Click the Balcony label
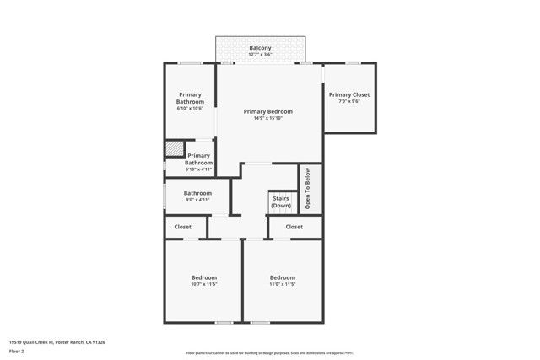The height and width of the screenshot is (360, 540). pyautogui.click(x=260, y=49)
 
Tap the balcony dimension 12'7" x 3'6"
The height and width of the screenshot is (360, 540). pyautogui.click(x=260, y=56)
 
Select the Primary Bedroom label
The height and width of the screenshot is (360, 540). pyautogui.click(x=267, y=111)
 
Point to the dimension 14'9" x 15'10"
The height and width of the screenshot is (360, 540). pyautogui.click(x=267, y=118)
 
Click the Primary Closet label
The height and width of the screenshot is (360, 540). pyautogui.click(x=348, y=94)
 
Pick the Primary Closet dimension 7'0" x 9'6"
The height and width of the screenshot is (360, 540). pyautogui.click(x=348, y=101)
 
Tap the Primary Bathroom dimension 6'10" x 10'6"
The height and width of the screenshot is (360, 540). pyautogui.click(x=190, y=108)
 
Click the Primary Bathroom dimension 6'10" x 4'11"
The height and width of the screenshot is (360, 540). pyautogui.click(x=198, y=169)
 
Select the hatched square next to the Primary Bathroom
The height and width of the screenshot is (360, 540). pyautogui.click(x=173, y=148)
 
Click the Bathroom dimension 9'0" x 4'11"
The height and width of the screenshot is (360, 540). pyautogui.click(x=197, y=200)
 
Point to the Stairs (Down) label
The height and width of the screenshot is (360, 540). pyautogui.click(x=281, y=202)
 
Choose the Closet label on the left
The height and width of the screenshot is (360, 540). pyautogui.click(x=182, y=227)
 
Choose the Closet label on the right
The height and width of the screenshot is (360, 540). pyautogui.click(x=294, y=227)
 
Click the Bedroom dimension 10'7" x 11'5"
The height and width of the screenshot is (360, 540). pyautogui.click(x=203, y=284)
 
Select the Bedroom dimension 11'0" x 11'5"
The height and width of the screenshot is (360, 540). pyautogui.click(x=282, y=284)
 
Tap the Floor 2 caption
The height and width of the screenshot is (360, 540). pyautogui.click(x=18, y=351)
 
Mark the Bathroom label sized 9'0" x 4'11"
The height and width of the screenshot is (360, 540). pyautogui.click(x=197, y=193)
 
